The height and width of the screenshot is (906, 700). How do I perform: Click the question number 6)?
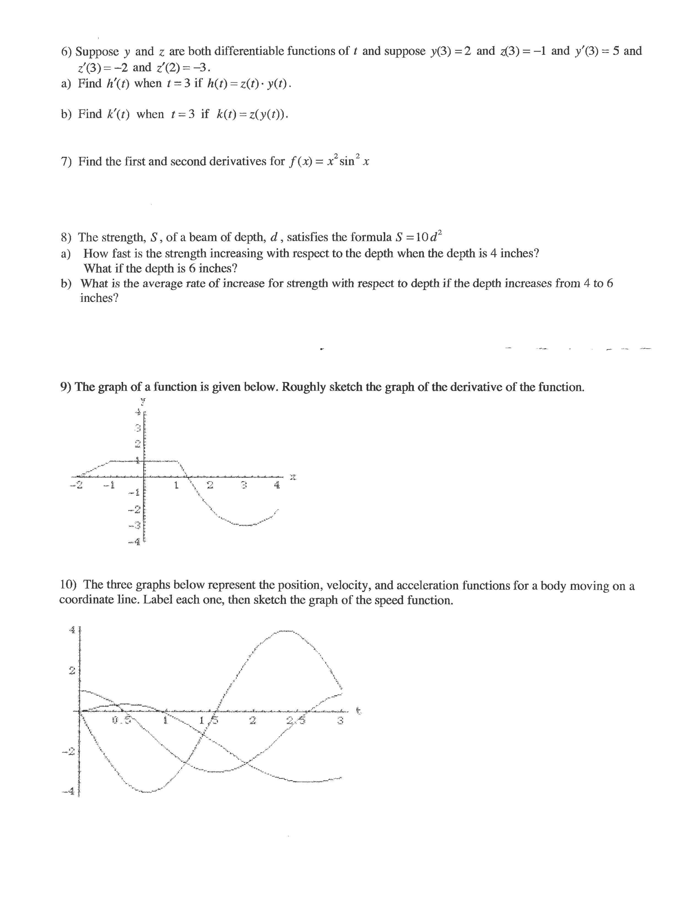[66, 52]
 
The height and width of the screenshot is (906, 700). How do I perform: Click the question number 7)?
[66, 161]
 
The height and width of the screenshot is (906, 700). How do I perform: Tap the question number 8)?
[66, 237]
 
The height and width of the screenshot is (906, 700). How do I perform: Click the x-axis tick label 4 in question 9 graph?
[277, 485]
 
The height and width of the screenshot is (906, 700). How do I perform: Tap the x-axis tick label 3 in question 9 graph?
[244, 485]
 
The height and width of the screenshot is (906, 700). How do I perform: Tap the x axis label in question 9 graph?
[293, 477]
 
